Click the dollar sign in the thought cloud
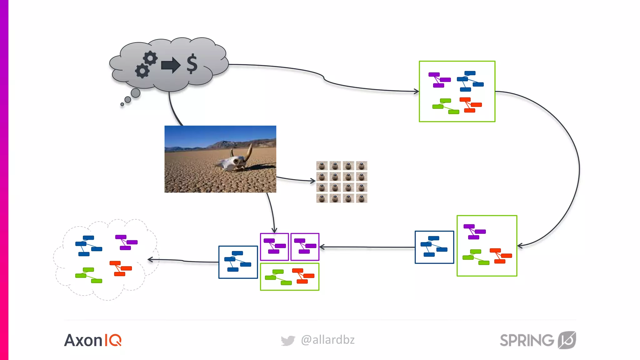192,64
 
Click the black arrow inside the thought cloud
171,65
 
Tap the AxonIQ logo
93,340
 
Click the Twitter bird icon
287,340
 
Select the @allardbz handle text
327,340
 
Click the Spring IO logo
537,340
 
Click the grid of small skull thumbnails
342,182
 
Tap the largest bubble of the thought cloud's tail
135,93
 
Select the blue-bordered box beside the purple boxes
238,262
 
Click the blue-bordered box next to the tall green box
434,247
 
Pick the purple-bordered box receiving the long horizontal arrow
305,247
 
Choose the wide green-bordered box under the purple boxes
289,277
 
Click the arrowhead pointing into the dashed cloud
150,259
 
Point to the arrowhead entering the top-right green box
416,91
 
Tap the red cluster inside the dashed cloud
121,268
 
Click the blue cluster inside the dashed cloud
88,246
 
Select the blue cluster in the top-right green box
470,81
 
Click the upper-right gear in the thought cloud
151,58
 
